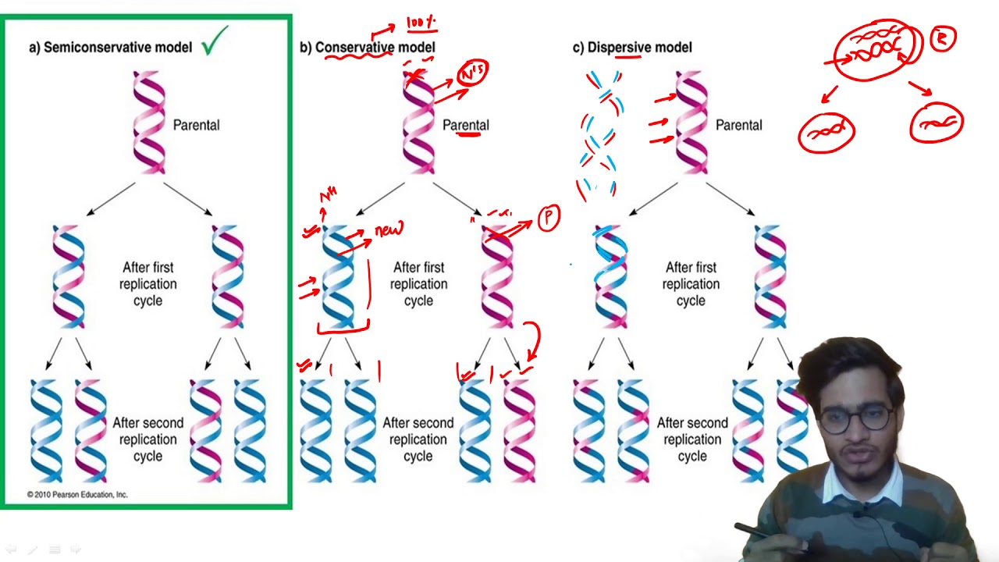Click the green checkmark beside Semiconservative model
(x=215, y=41)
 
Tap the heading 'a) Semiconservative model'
(x=110, y=48)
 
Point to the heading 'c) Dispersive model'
(x=631, y=48)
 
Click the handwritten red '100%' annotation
(x=421, y=23)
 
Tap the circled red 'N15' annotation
(x=473, y=73)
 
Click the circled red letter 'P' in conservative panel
(x=549, y=219)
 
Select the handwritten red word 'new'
(x=389, y=230)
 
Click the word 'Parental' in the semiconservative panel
(x=196, y=125)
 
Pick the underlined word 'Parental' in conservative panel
(x=466, y=125)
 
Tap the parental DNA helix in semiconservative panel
(x=149, y=121)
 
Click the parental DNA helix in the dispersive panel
(x=691, y=121)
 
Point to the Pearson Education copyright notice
(x=77, y=494)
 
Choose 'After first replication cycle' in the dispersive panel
(x=691, y=284)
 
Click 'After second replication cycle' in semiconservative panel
(x=148, y=439)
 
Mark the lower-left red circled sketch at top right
(x=827, y=133)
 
